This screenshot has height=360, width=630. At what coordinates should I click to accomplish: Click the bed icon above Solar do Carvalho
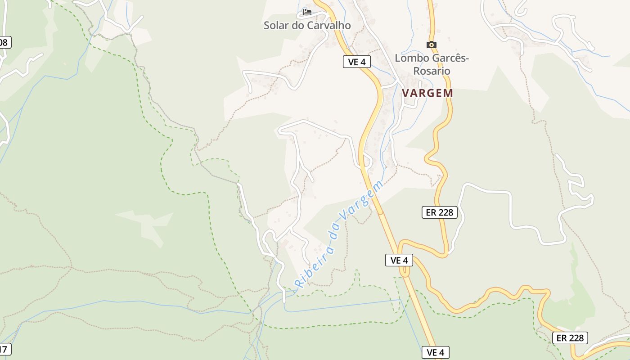coord(307,12)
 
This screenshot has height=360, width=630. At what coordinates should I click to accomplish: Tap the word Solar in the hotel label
coord(276,25)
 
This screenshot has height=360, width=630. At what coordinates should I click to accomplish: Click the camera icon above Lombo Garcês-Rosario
coord(431,45)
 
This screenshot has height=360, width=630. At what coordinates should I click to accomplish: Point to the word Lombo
coord(412,58)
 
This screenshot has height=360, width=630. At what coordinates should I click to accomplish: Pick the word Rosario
coord(432,71)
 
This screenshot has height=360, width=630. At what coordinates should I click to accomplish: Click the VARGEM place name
coord(427,93)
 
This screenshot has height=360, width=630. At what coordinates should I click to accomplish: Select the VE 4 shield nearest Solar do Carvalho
coord(356,62)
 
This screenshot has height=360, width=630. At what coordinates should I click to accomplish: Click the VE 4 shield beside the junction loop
coord(399,260)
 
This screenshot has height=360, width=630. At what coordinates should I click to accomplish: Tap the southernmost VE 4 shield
coord(435,352)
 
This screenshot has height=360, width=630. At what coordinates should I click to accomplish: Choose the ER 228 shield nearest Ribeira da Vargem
coord(439,212)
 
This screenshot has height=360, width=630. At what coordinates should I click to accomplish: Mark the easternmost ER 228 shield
coord(570,337)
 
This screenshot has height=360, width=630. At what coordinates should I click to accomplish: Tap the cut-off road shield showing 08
coord(4,43)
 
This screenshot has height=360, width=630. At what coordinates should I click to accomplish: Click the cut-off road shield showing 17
coord(4,349)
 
